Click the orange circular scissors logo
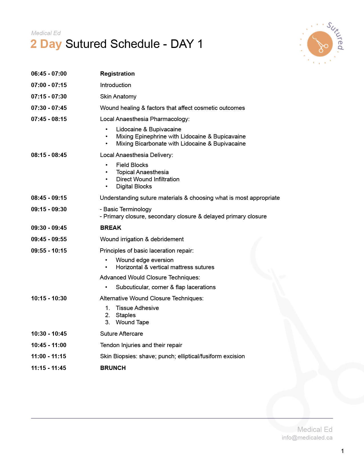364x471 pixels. coord(320,44)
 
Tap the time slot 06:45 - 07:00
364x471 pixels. coord(49,74)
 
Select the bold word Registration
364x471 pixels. coord(117,74)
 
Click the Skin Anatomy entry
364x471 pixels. coord(118,96)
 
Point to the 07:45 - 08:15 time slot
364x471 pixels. coord(49,119)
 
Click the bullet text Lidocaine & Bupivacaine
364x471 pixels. coord(148,129)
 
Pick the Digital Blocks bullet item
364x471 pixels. coord(134,186)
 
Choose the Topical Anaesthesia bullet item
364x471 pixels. coord(142,172)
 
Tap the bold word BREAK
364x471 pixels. coord(111,228)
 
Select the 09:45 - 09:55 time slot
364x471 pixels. coord(49,239)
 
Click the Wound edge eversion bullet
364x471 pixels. coord(144,260)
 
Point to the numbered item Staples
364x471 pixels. coord(126,315)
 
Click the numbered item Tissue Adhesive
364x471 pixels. coord(137,308)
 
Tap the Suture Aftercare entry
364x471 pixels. coord(121,334)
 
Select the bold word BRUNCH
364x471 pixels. coord(113,368)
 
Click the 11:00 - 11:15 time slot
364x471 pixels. coord(49,356)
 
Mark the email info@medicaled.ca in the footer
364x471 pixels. coord(307,438)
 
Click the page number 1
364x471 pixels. coord(342,451)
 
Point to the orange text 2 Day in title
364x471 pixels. coord(46,44)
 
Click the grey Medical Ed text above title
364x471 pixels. coord(46,33)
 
